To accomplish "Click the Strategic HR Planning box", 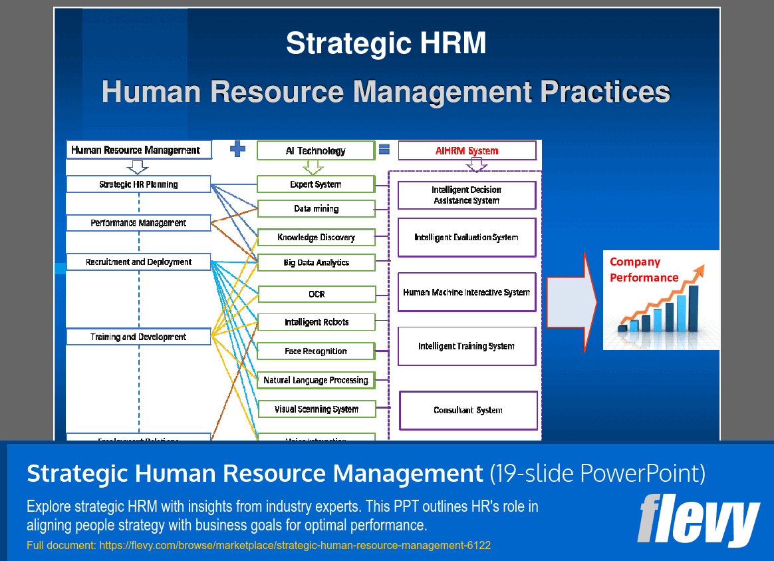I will pos(138,184).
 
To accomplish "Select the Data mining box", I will pos(316,209).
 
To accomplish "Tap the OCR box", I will pos(317,294).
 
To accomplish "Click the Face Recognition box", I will pos(316,351).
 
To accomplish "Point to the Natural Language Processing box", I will pos(316,380).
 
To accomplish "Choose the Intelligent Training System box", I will pos(467,346).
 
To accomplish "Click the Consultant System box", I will pos(468,411).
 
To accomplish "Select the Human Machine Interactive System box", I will pos(467,292).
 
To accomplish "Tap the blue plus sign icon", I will pos(237,150).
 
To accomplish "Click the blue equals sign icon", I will pos(384,150).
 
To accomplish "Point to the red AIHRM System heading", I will pos(467,151).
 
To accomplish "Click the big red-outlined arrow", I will pos(571,301).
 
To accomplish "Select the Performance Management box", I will pos(138,223).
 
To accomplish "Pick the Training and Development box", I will pos(138,337).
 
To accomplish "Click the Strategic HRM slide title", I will pos(386,44).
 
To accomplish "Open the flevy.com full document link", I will pos(259,546).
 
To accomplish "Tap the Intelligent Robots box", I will pos(316,322).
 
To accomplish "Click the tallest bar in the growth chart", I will pos(694,308).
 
